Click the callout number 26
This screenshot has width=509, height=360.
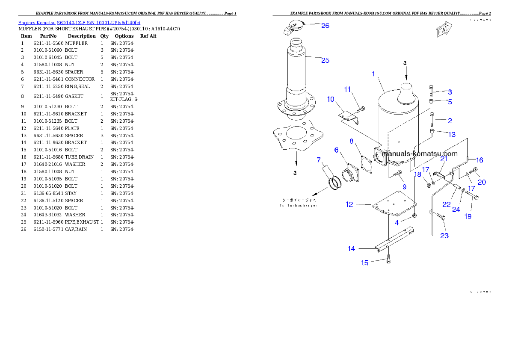pyautogui.click(x=325, y=26)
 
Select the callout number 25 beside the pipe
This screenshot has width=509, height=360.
pyautogui.click(x=325, y=60)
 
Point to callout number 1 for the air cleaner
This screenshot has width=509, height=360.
pyautogui.click(x=373, y=74)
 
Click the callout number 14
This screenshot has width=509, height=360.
pyautogui.click(x=351, y=248)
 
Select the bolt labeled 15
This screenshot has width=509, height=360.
pyautogui.click(x=388, y=259)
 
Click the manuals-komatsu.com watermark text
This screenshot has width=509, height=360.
pyautogui.click(x=420, y=153)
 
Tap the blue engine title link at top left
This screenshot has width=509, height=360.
pyautogui.click(x=79, y=22)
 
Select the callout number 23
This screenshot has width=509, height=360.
pyautogui.click(x=444, y=235)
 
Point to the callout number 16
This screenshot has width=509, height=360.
pyautogui.click(x=479, y=160)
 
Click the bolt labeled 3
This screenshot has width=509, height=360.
pyautogui.click(x=431, y=91)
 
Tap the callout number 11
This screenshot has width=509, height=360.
pyautogui.click(x=347, y=89)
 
